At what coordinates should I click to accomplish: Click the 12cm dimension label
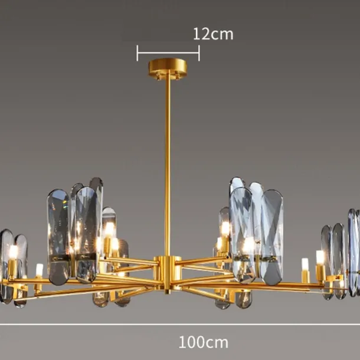tap(213, 34)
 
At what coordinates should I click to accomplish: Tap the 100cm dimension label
tap(204, 342)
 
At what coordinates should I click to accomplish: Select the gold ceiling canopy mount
tap(168, 67)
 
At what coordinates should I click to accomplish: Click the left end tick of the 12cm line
tap(138, 53)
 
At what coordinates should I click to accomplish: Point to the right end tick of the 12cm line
tap(199, 53)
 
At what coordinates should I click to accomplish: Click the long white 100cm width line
tap(180, 325)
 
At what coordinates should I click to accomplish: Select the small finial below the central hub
tap(168, 292)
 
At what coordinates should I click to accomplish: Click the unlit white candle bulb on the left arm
tap(40, 270)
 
